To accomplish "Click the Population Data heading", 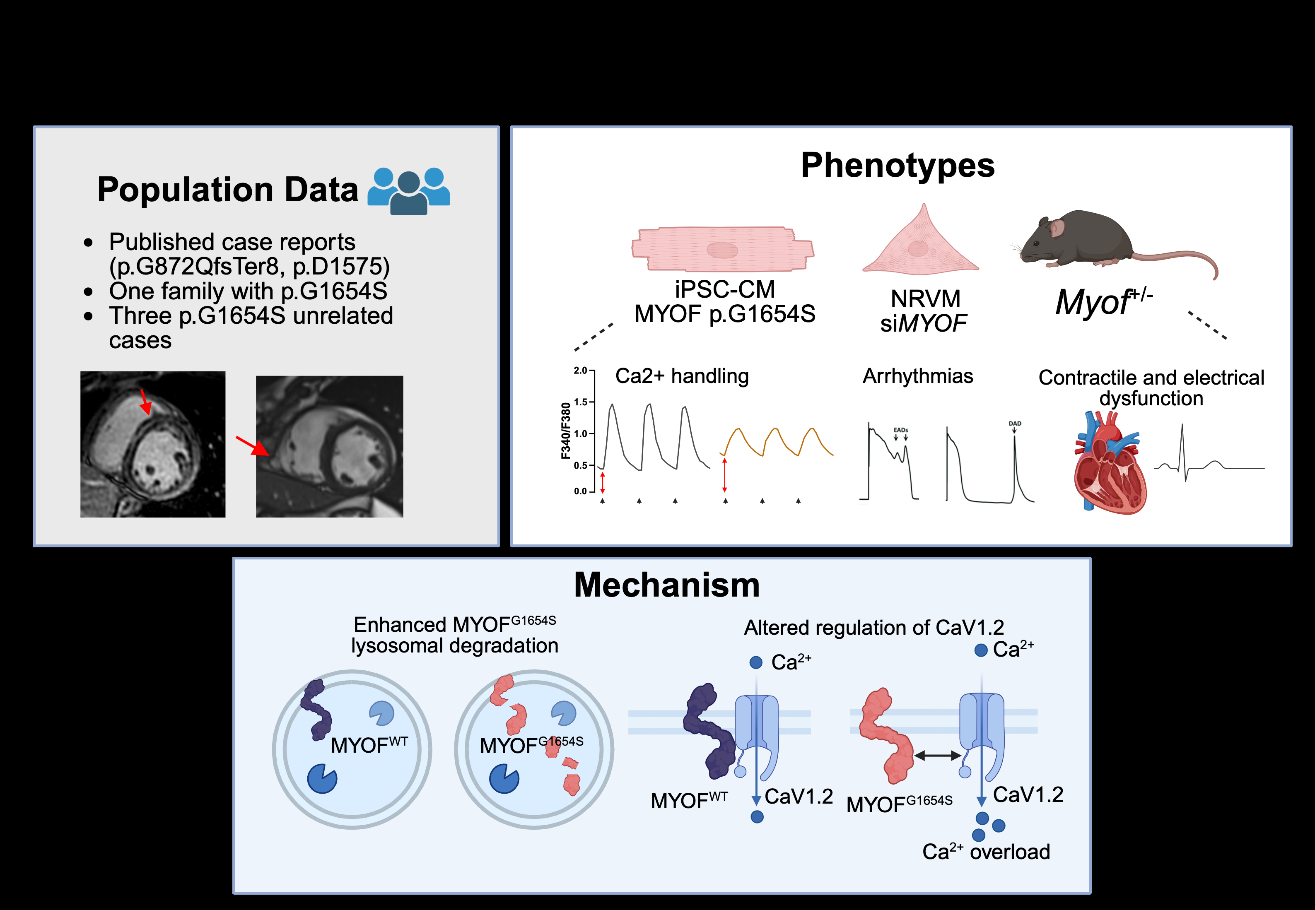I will [x=227, y=190].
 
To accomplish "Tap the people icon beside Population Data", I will [x=408, y=191].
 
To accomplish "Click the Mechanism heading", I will [x=667, y=585].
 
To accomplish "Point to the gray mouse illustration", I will [x=1083, y=239].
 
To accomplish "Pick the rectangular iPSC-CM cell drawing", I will [x=722, y=249].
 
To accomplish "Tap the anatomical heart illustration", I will [x=1109, y=465].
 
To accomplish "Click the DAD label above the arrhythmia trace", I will [x=1014, y=424].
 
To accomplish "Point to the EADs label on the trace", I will [x=900, y=430].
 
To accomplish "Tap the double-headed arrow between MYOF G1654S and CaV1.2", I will [x=938, y=756].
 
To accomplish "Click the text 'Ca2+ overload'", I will [x=986, y=852].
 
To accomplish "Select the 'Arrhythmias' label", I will [x=917, y=376].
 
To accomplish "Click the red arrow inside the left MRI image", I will [x=145, y=402].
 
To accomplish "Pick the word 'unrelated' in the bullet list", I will [x=343, y=316].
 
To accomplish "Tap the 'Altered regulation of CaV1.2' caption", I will [x=873, y=628].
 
